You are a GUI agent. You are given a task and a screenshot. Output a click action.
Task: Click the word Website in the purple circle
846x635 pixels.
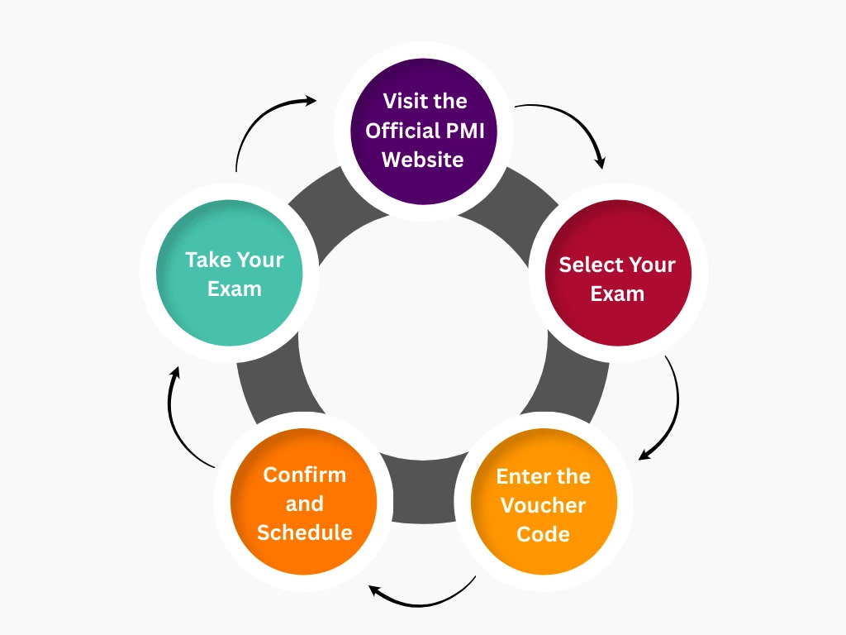tap(423, 160)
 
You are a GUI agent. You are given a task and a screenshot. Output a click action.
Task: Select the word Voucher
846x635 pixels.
tap(544, 505)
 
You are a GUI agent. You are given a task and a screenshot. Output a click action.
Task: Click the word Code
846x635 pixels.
tap(544, 534)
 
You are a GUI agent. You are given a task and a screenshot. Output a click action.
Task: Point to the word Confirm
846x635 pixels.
tap(304, 475)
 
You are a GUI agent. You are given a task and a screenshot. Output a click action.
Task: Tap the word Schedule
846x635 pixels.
tap(304, 532)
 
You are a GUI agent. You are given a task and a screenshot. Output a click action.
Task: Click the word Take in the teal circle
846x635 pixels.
tap(207, 260)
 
